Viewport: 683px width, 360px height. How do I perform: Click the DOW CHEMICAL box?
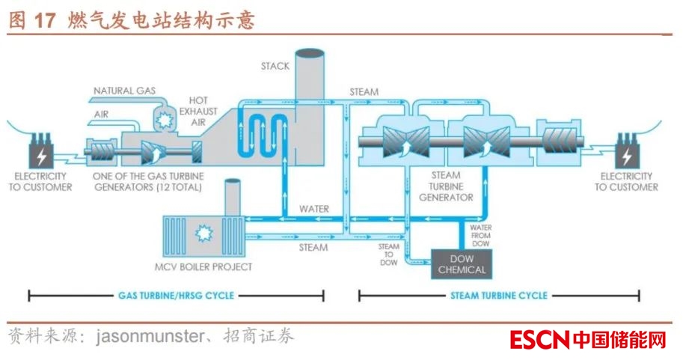pyautogui.click(x=462, y=264)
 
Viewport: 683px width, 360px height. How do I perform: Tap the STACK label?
pyautogui.click(x=275, y=66)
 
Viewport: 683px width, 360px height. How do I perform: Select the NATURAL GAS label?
pyautogui.click(x=124, y=91)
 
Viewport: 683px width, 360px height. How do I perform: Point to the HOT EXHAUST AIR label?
pyautogui.click(x=202, y=112)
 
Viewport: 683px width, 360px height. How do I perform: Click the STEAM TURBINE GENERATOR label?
pyautogui.click(x=446, y=186)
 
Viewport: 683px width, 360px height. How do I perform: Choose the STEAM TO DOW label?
pyautogui.click(x=388, y=254)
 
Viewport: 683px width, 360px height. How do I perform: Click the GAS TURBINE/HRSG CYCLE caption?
pyautogui.click(x=177, y=296)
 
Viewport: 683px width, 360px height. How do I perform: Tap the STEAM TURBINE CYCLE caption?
pyautogui.click(x=498, y=296)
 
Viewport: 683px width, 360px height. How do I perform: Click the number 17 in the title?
pyautogui.click(x=45, y=20)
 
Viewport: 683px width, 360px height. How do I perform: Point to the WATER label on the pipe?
pyautogui.click(x=313, y=209)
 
